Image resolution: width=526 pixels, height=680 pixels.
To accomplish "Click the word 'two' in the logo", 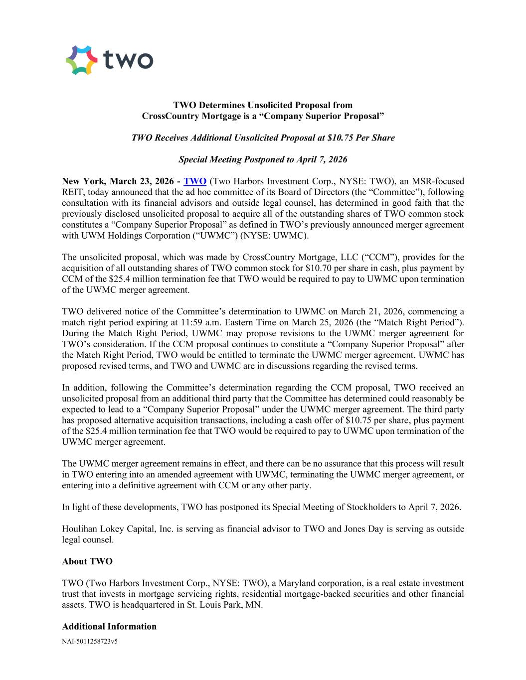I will (128, 60).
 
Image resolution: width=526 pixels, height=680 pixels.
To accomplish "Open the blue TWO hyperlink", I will (195, 181).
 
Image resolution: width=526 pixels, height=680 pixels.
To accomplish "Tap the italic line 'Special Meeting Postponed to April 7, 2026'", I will (263, 160).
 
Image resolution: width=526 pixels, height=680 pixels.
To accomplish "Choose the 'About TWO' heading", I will (87, 561).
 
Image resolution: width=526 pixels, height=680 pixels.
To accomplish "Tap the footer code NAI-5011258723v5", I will (90, 642).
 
